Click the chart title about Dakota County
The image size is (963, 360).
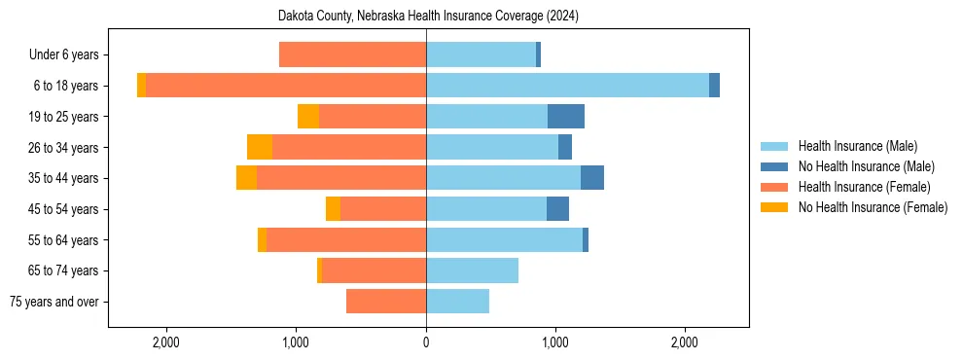coord(428,16)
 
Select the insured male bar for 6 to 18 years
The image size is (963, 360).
coord(567,86)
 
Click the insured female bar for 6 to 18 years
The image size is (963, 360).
coord(286,86)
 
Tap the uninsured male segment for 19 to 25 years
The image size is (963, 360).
coord(566,117)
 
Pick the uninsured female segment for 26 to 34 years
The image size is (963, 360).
coord(260,147)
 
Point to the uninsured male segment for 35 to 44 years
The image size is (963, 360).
coord(592,178)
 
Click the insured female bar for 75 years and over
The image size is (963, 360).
coord(386,302)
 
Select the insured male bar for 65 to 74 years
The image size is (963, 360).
coord(472,270)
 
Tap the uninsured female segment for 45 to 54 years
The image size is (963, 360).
coord(333,209)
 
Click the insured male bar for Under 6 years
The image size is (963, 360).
coord(481,54)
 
